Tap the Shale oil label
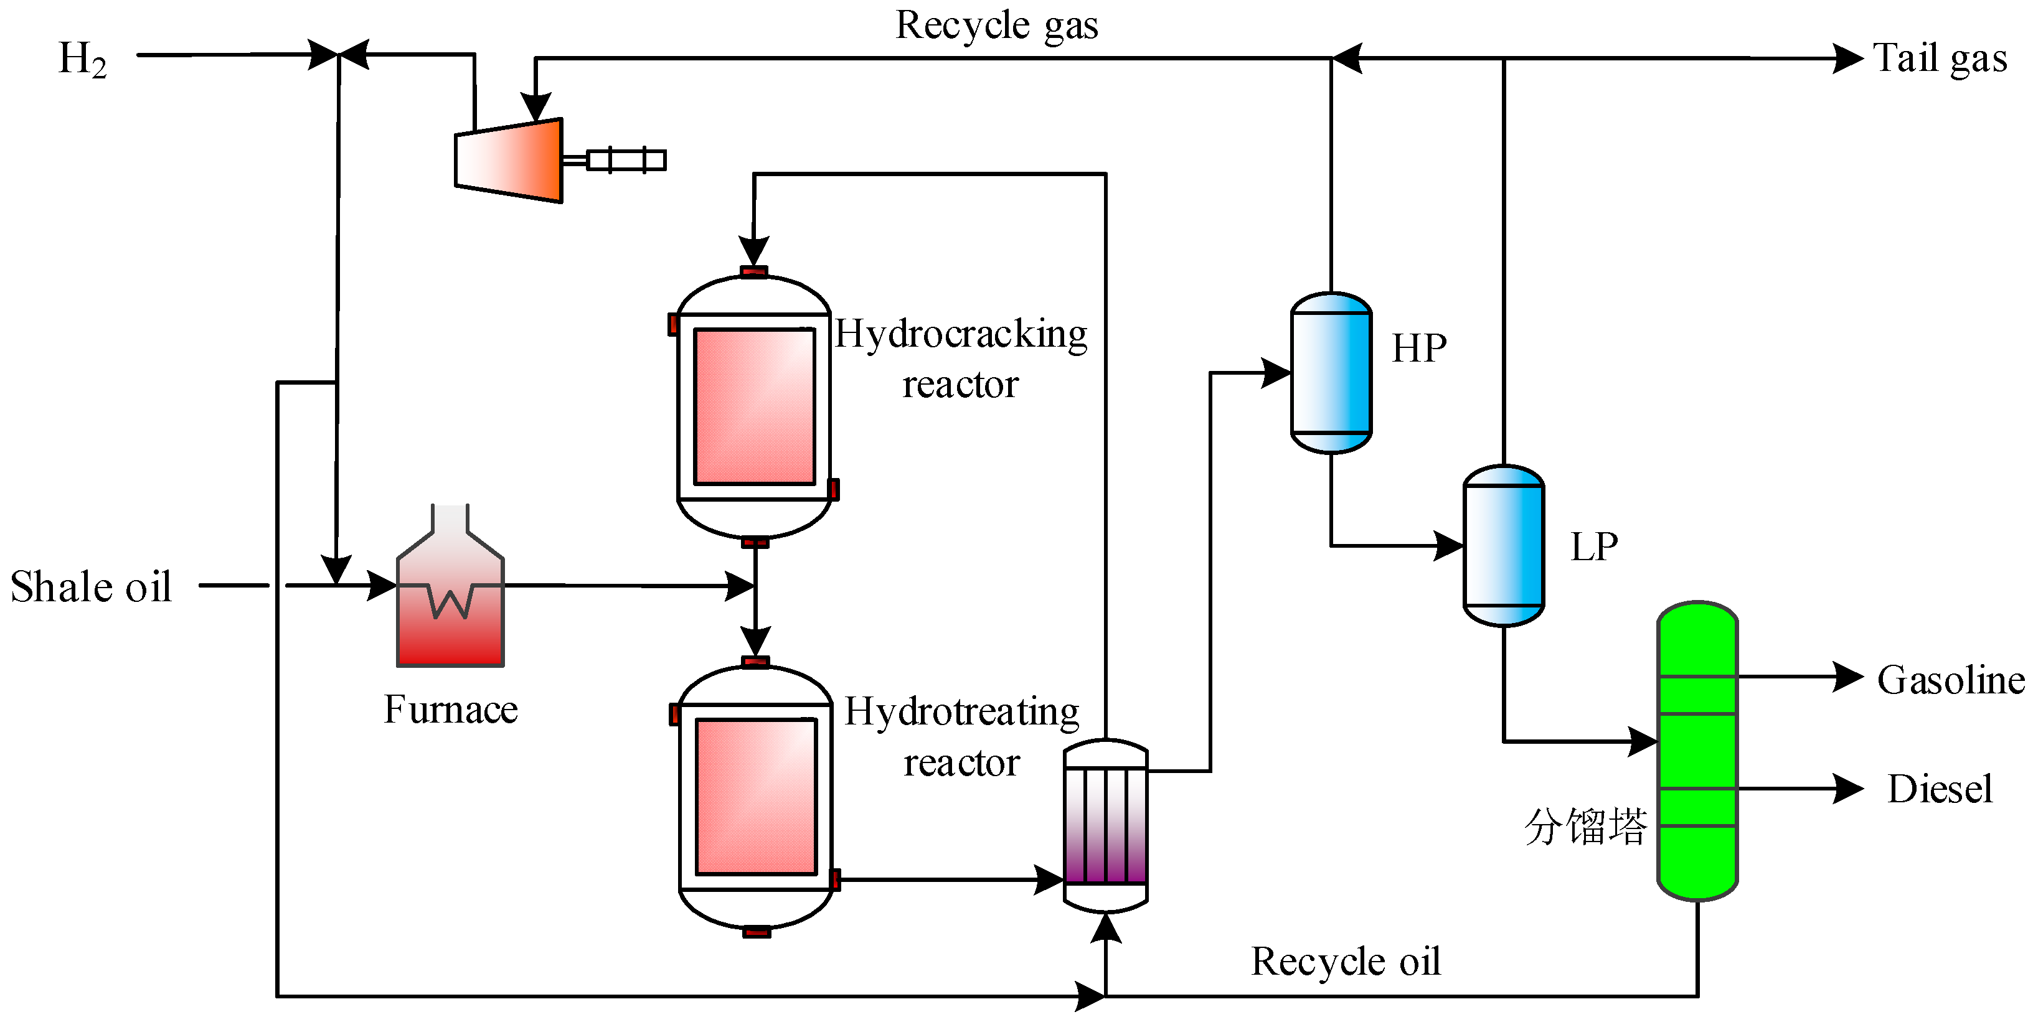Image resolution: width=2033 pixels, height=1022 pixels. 91,586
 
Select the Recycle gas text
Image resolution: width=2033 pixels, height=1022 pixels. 996,26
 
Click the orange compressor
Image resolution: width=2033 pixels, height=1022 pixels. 509,160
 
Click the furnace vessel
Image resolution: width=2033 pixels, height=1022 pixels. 450,586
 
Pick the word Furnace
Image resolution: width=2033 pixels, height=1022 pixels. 451,709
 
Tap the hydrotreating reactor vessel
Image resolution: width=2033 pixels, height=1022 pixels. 756,798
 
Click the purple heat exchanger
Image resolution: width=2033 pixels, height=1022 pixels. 1106,825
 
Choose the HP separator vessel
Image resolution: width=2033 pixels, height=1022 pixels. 1331,372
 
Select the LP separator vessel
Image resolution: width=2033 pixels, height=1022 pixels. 1504,545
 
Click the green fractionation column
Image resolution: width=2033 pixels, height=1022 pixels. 1697,751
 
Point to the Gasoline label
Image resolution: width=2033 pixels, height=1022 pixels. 1951,680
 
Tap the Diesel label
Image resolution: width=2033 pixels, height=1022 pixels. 1940,789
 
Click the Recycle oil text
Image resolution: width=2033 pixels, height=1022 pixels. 1346,961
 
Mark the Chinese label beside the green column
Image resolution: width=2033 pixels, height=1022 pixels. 1585,827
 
